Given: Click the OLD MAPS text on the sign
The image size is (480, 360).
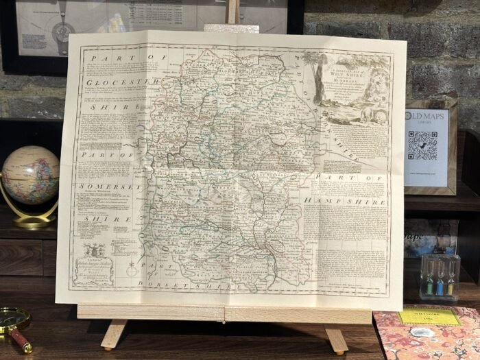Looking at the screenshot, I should tap(426, 116).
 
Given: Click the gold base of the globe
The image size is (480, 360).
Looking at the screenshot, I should tap(31, 221).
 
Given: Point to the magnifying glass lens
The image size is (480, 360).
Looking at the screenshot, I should tap(12, 318).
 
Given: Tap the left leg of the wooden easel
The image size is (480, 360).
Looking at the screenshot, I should tap(112, 335).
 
